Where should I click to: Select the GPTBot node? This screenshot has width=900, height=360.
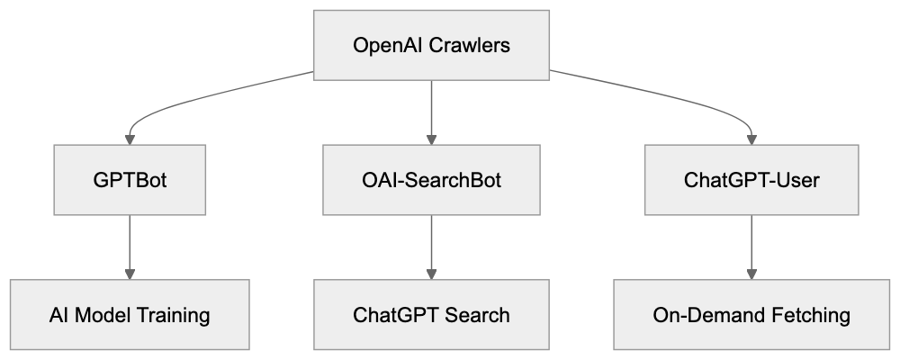point(130,180)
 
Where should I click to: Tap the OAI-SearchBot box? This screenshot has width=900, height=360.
point(432,180)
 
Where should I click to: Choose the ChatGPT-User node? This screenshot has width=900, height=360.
point(752,180)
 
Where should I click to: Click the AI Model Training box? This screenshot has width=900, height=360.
point(130,315)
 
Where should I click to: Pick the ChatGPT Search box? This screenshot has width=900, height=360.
point(432,315)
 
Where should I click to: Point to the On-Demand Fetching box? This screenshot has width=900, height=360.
point(752,315)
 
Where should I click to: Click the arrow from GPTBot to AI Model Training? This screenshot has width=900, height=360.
point(130,247)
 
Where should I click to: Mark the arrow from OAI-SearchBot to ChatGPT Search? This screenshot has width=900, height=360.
point(432,247)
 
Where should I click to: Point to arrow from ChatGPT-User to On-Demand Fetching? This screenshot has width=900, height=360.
point(752,247)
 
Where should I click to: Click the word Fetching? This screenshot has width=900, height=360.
point(806,315)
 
